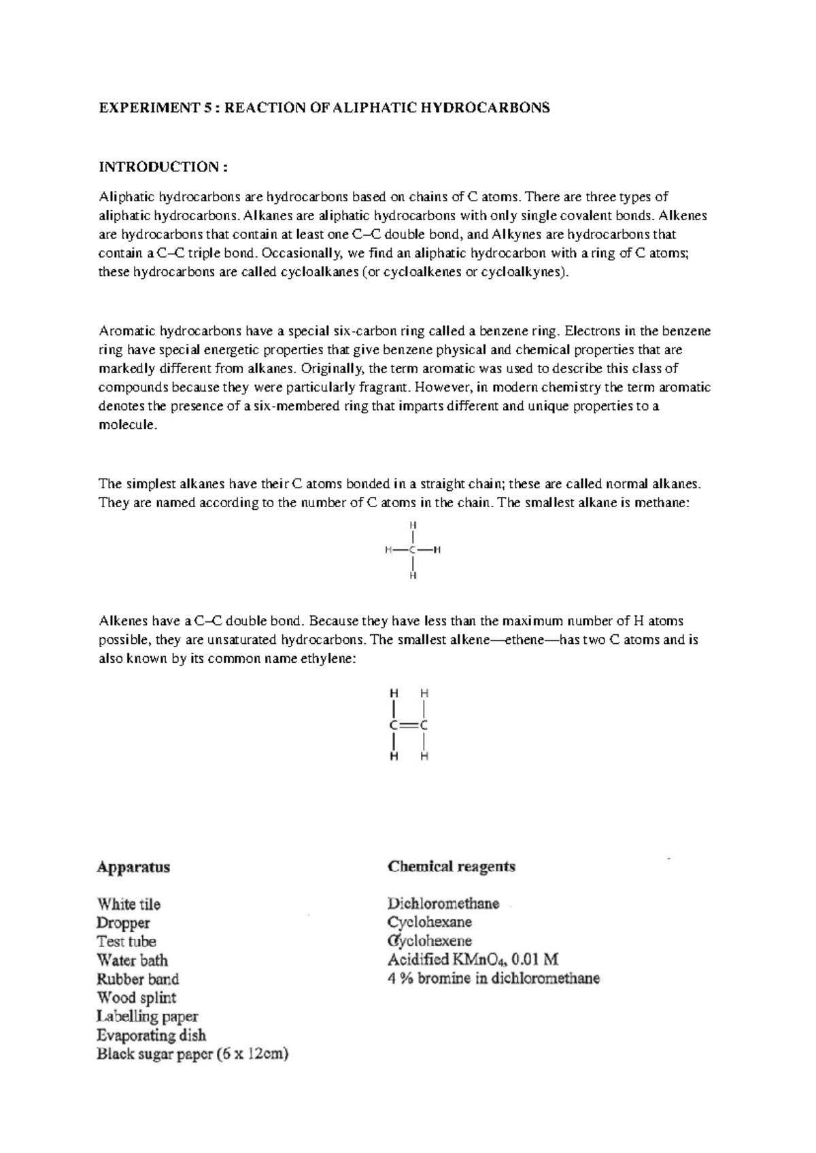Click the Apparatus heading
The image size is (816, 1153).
point(133,867)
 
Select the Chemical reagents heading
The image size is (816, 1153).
point(452,867)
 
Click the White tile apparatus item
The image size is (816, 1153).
point(129,904)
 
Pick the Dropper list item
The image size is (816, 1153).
point(123,923)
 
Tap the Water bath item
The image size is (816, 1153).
point(132,961)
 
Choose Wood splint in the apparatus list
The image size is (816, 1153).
point(136,998)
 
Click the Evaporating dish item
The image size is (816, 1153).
point(151,1035)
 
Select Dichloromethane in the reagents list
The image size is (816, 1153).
point(443,904)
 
